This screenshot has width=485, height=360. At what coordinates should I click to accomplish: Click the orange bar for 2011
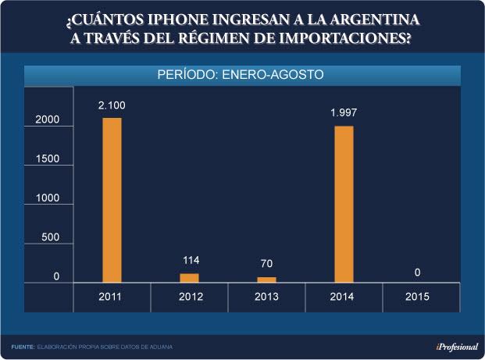click(x=112, y=199)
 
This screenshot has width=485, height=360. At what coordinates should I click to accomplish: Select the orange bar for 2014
click(x=344, y=203)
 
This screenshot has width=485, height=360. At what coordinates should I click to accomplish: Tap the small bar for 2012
click(x=190, y=277)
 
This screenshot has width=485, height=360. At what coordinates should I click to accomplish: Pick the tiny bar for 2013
click(x=267, y=279)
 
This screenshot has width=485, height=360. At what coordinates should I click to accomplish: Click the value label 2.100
click(x=112, y=105)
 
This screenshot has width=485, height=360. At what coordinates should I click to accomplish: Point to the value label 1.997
click(x=344, y=112)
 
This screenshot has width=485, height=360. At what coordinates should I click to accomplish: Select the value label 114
click(x=190, y=260)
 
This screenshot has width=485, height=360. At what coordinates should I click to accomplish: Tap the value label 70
click(x=267, y=264)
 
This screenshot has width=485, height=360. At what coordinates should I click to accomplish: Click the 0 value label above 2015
click(x=418, y=272)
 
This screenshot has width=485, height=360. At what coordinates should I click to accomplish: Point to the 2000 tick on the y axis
click(x=47, y=119)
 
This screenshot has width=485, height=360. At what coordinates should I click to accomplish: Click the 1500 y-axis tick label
click(x=47, y=159)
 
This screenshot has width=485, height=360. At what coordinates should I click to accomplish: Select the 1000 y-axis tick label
click(x=47, y=198)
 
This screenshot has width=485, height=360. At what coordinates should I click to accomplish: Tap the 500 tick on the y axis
click(x=50, y=237)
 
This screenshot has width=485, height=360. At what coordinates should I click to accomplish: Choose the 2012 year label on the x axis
click(x=190, y=297)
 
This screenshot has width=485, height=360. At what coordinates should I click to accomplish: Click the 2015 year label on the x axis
click(x=421, y=297)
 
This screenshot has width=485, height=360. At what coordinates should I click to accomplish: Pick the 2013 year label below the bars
click(x=267, y=297)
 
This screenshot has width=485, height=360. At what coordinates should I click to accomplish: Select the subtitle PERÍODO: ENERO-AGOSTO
click(x=241, y=75)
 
